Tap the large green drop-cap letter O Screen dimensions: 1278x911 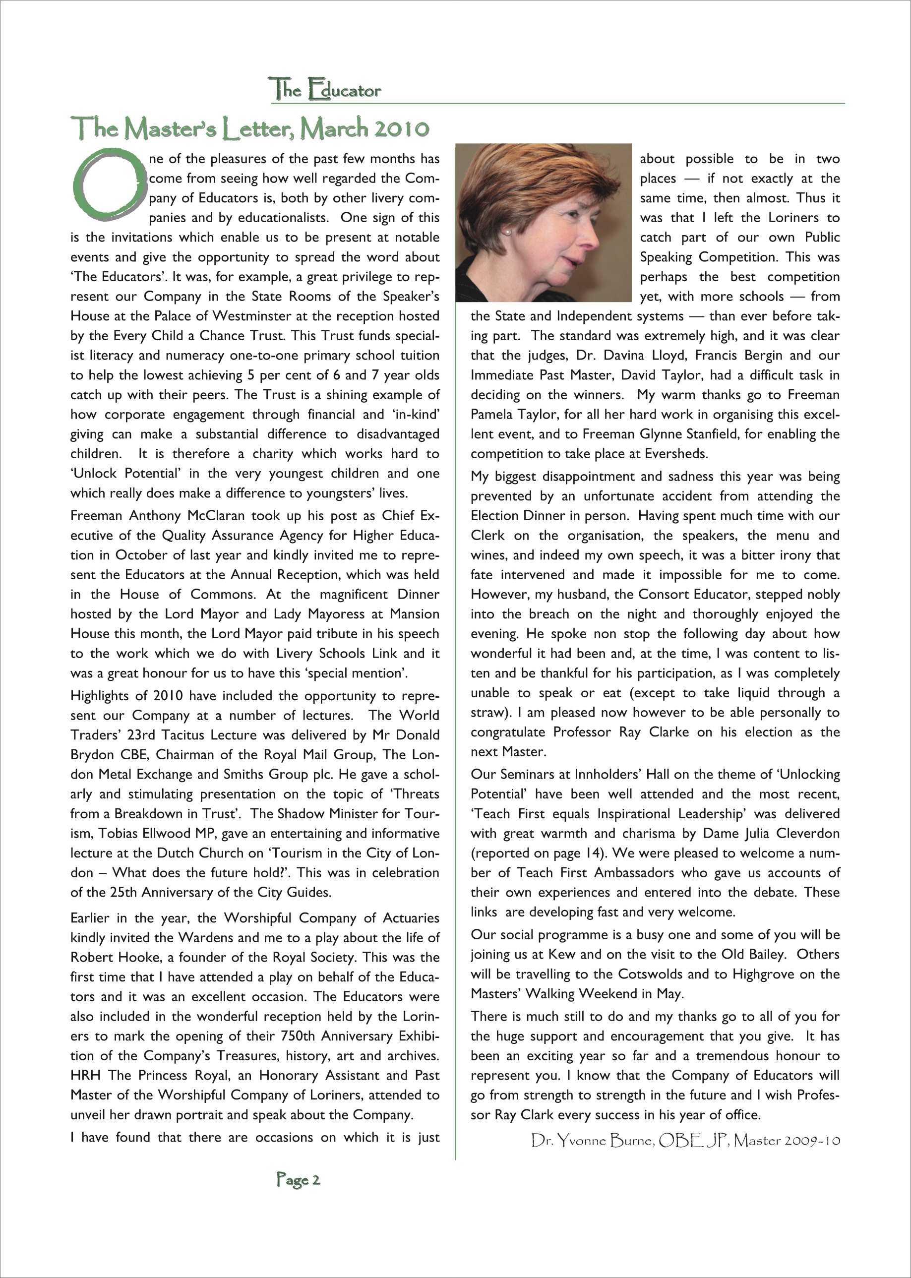coord(107,183)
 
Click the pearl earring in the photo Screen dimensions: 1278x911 coord(508,231)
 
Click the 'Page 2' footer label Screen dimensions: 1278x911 coord(298,1180)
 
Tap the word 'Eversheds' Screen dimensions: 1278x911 coord(676,453)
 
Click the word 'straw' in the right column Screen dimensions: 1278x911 coord(487,713)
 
